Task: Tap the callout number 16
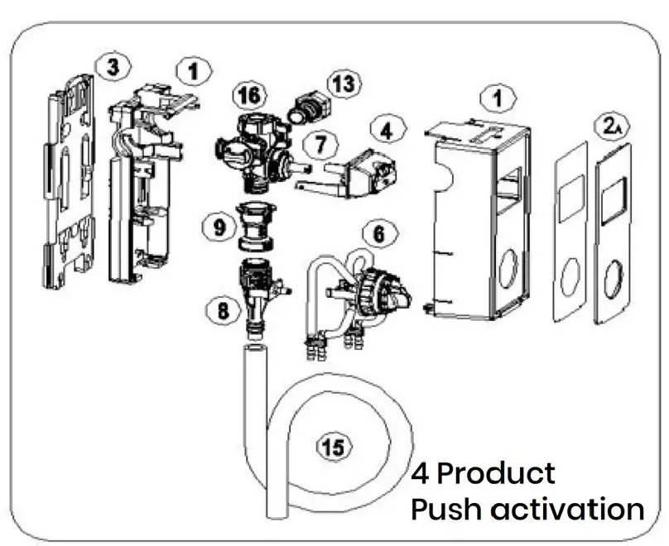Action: tap(246, 96)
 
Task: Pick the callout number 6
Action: tap(378, 235)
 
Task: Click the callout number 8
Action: tap(221, 312)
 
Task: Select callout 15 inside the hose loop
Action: tap(333, 448)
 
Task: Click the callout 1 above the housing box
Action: tap(498, 98)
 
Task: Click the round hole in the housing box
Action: tap(508, 270)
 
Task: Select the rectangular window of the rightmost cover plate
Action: tap(614, 201)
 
